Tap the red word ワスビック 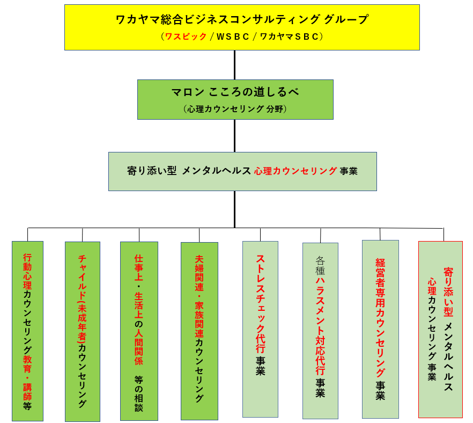click(186, 37)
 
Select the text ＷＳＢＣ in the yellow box click(232, 37)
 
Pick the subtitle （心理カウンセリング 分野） click(235, 109)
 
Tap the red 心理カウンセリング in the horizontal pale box click(295, 171)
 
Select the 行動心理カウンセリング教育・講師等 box click(27, 331)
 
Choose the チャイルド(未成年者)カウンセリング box click(83, 331)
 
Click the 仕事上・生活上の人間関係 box click(139, 331)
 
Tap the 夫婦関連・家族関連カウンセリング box click(199, 331)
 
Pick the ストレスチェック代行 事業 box click(260, 329)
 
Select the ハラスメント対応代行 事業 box click(320, 331)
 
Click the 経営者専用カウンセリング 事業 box click(380, 329)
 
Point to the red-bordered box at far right click(440, 329)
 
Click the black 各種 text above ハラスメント click(320, 265)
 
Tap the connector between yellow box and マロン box click(234, 65)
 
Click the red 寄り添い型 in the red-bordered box click(448, 292)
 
